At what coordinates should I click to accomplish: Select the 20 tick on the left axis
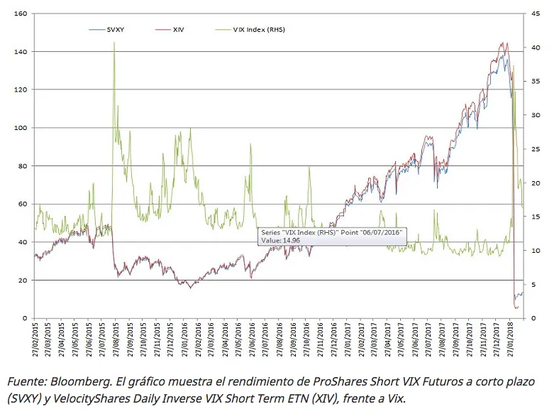click(21, 280)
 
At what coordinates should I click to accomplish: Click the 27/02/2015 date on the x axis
click(35, 339)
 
